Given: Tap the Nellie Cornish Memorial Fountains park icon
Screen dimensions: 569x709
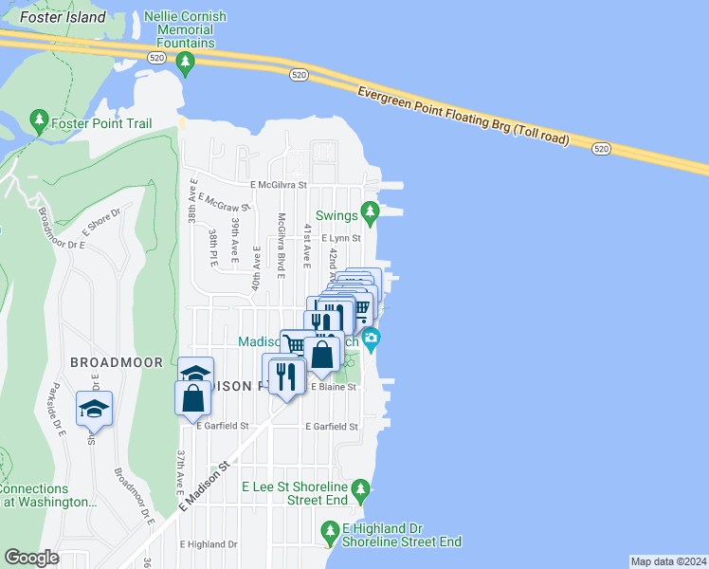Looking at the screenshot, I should (186, 64).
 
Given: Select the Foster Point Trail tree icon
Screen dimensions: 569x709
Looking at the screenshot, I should (39, 119).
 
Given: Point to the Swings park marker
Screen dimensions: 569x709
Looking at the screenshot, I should (371, 211).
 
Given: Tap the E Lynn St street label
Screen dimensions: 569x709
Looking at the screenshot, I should (341, 238).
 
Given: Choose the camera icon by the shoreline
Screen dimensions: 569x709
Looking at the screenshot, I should (372, 338).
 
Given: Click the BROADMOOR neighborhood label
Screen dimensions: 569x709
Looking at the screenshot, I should (107, 362).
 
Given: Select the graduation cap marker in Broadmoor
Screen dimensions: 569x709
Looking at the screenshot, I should (94, 408).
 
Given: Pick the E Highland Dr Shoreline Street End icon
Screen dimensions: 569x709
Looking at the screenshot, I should (330, 531).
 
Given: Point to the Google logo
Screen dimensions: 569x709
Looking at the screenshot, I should (31, 558).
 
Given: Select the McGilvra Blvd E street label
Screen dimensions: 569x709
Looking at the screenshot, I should (281, 245).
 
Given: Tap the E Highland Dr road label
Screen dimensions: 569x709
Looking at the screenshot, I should (209, 544).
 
